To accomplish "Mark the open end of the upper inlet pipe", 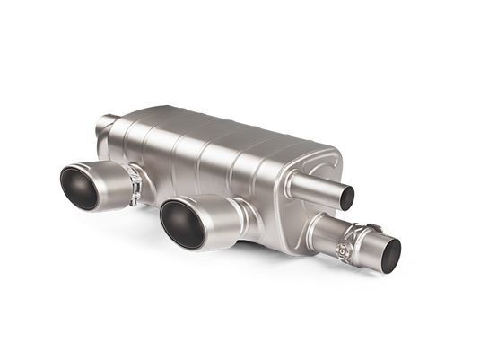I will pos(347,193).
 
